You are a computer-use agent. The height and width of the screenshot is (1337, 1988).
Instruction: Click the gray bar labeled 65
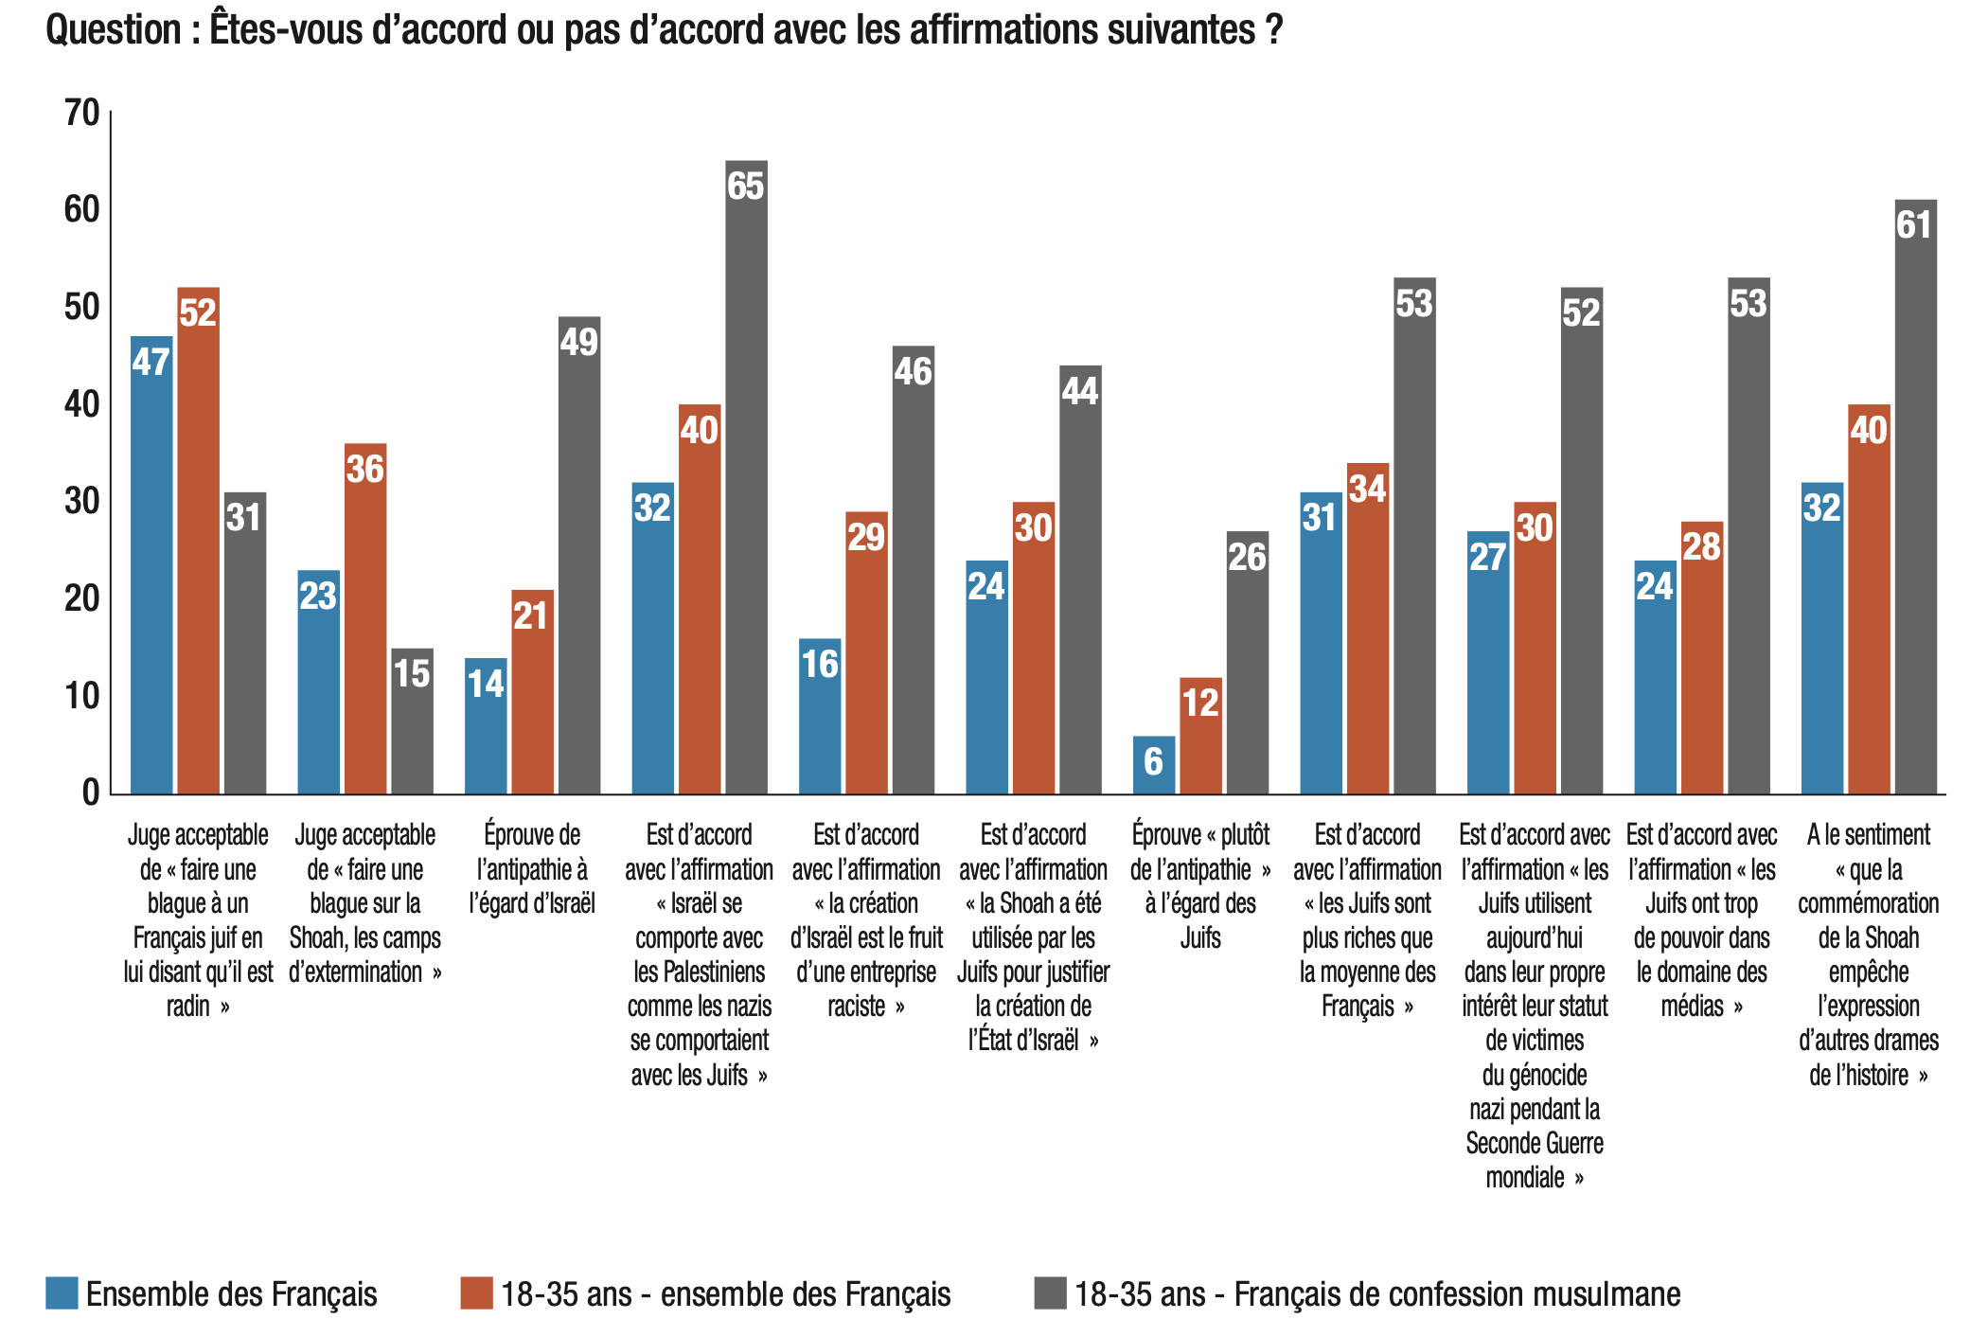[x=746, y=477]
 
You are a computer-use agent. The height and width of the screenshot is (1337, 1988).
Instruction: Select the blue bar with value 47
[x=151, y=565]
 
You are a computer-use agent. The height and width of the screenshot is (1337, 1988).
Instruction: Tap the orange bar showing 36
[x=365, y=618]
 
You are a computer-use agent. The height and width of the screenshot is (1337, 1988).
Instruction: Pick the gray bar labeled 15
[x=412, y=721]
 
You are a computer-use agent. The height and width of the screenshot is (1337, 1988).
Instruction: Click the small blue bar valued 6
[x=1153, y=764]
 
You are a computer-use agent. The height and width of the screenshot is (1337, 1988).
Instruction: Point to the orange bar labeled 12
[x=1200, y=736]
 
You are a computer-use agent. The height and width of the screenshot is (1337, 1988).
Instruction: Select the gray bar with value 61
[x=1915, y=496]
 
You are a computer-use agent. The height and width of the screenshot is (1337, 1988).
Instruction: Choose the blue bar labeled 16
[x=820, y=716]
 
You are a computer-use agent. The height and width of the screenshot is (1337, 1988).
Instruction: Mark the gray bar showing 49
[x=579, y=555]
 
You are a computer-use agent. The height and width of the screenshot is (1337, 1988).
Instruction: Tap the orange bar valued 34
[x=1368, y=628]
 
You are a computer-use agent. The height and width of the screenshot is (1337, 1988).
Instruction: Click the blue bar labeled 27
[x=1488, y=663]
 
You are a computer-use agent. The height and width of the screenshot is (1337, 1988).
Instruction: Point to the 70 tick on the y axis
[x=81, y=113]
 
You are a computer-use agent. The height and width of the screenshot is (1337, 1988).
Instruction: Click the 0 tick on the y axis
[x=91, y=793]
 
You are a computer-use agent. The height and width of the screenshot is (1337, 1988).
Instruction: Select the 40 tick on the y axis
[x=81, y=404]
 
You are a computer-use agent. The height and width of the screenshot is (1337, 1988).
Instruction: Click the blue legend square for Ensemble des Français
[x=62, y=1293]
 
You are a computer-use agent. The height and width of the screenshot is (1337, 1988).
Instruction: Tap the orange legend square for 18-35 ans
[x=476, y=1293]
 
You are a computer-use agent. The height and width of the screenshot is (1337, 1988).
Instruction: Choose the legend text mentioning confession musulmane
[x=1377, y=1293]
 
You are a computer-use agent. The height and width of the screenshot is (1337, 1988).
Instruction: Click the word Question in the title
[x=113, y=30]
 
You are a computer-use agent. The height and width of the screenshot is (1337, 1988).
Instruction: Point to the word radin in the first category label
[x=188, y=1006]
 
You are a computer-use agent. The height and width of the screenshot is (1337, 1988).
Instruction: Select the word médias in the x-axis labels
[x=1692, y=1006]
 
